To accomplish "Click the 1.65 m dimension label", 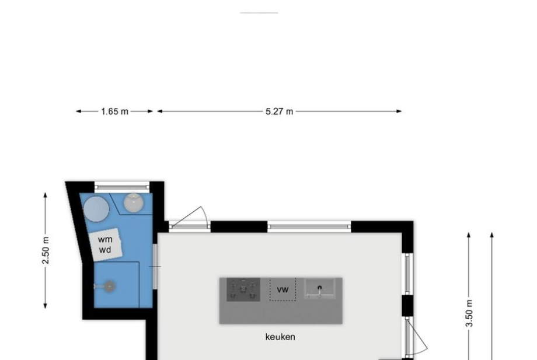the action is tap(115, 111).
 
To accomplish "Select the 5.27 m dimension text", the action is tap(280, 111).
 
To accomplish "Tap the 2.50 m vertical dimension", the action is tap(46, 250).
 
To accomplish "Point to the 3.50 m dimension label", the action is tap(469, 313).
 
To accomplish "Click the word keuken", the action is tap(280, 337).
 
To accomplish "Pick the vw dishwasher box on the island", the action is tap(283, 289).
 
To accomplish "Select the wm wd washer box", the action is tap(106, 244).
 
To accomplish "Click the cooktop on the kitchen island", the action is tap(243, 289).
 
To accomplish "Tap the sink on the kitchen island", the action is tap(319, 288).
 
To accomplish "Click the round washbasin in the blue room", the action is tap(134, 203).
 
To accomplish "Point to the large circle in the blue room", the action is tap(96, 209).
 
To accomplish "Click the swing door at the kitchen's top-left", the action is tap(189, 218).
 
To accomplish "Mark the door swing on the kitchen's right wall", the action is tap(416, 337).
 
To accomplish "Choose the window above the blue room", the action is tap(122, 187).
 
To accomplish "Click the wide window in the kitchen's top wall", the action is tap(309, 226).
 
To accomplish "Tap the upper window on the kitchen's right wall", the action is tap(407, 274).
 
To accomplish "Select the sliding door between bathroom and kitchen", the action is tap(155, 266).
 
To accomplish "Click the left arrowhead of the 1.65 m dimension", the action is tap(78, 111).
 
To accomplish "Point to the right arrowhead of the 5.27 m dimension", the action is tap(399, 111).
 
